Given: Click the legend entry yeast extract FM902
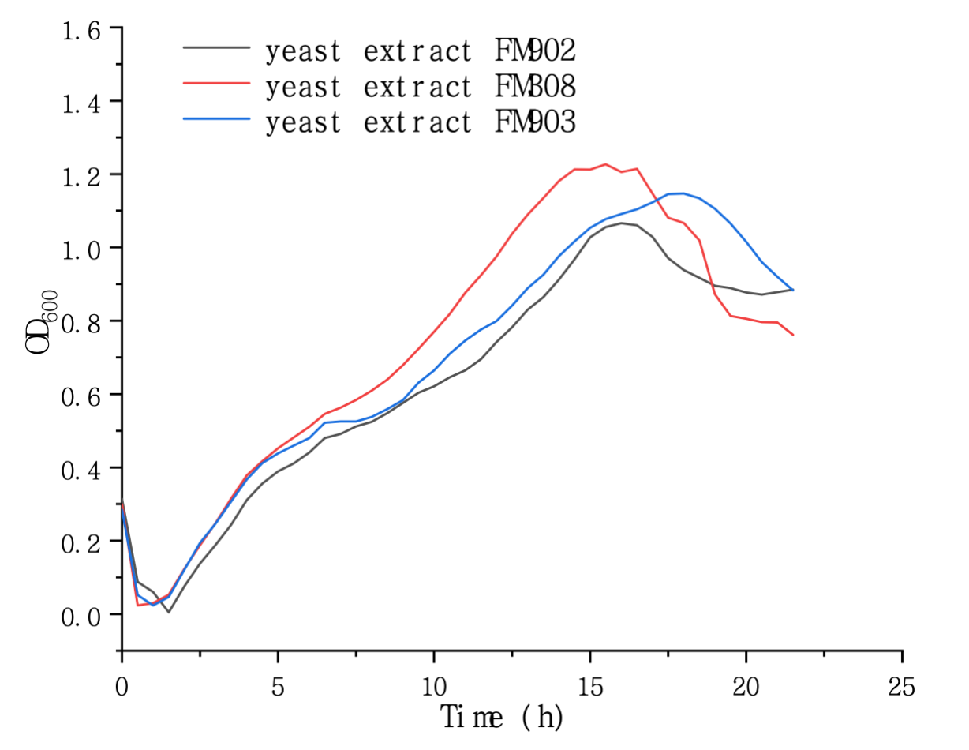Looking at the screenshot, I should (421, 51).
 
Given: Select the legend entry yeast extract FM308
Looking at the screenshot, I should (421, 86).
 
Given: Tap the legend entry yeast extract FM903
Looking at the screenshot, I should (421, 122).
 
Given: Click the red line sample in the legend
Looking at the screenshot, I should (217, 81).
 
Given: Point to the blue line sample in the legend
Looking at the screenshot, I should (217, 118).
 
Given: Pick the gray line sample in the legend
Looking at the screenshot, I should (217, 47).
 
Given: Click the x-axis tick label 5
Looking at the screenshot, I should (278, 687).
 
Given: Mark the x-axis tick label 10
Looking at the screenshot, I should (433, 687).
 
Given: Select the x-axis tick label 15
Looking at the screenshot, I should (589, 687).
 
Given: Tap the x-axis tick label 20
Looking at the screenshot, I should (746, 687).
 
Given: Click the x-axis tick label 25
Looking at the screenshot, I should (902, 687).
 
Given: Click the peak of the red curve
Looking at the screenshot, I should (605, 164).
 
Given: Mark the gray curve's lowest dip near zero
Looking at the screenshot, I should (168, 612).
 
